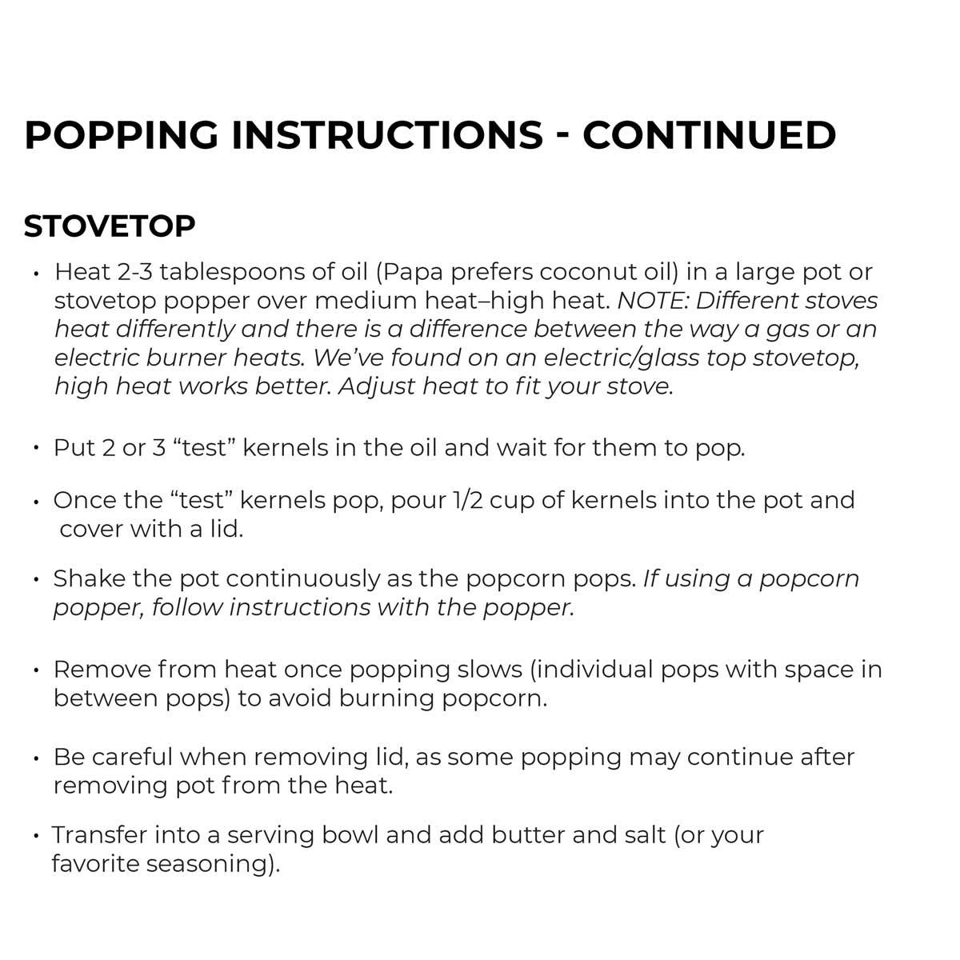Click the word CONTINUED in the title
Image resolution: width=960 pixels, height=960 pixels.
pos(709,134)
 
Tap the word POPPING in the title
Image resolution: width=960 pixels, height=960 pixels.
pos(121,134)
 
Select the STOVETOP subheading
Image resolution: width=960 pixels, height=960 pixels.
pos(110,226)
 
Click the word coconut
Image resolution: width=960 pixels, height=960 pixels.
pos(588,272)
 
